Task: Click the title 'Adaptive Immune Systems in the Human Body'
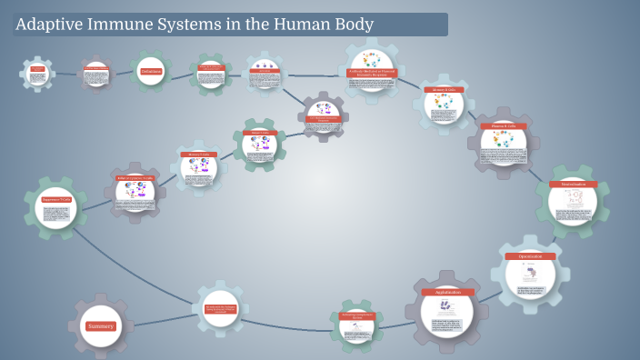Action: coord(195,25)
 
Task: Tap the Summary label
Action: coord(100,325)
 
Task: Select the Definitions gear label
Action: coord(151,71)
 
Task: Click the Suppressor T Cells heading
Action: coord(56,197)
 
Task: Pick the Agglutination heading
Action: coord(447,292)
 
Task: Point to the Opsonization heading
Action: coord(530,256)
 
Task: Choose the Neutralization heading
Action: coord(572,185)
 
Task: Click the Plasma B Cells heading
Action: coord(503,126)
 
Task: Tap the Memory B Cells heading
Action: coord(444,90)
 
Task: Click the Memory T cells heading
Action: coord(198,155)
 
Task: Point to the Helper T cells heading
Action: coord(260,133)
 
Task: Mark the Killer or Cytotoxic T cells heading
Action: coord(135,178)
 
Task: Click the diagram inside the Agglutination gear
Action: coord(445,307)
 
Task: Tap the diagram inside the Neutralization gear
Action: coord(572,197)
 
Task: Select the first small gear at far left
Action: coord(37,74)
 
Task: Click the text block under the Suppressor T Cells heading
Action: coord(56,218)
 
